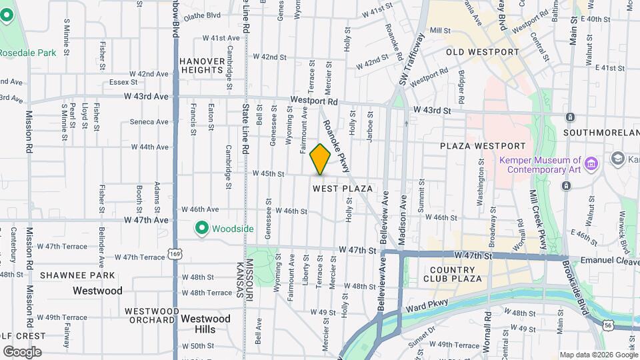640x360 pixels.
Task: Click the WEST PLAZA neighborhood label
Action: tap(343, 189)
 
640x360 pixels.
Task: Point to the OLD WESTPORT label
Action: tap(482, 52)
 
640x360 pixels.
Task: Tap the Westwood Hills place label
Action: tap(206, 323)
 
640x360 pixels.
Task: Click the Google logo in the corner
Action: tap(22, 351)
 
